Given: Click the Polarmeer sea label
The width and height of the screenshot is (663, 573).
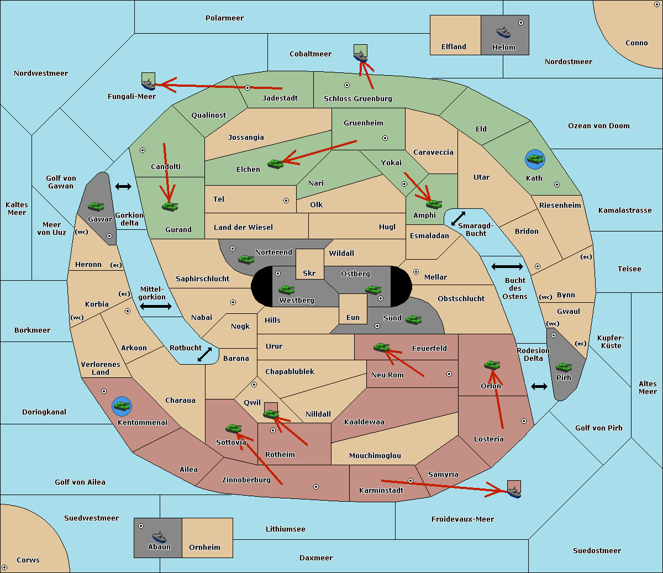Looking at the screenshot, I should pos(224,18).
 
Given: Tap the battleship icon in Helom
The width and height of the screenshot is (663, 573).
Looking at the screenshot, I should pos(503,32).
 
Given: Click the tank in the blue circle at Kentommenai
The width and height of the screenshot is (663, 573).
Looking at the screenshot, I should pos(122,406).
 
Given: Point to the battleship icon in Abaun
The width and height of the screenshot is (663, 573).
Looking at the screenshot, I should pos(159,537).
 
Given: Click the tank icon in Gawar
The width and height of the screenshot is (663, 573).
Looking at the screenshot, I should pos(96,206).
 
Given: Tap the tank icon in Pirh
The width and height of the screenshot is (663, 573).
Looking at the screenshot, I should pos(564,367).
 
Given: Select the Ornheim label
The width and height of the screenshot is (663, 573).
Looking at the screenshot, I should pos(204,548).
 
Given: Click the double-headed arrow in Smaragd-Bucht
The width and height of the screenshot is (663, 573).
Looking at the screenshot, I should pos(459,218).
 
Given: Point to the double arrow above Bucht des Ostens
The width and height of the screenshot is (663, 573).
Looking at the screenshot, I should pos(507,267).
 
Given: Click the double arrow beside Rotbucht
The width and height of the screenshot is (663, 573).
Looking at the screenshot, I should pos(205,354).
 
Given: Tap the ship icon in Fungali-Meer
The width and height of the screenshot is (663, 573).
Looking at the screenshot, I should pos(149,84).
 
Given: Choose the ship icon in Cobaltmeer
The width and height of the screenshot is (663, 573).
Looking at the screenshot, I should pos(360,56).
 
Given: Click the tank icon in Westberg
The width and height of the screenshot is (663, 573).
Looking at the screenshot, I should pos(286,290).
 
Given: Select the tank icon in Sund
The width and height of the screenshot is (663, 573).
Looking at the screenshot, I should pos(413,319).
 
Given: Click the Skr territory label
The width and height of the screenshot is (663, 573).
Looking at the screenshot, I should pos(309,274).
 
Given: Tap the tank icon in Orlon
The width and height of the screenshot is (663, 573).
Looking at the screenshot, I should pos(492,365).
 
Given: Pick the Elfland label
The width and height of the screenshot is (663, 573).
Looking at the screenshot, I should pos(454,47).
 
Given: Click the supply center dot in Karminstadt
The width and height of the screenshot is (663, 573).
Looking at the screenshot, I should pos(411,481).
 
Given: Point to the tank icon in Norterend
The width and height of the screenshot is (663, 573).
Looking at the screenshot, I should pos(246,259).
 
